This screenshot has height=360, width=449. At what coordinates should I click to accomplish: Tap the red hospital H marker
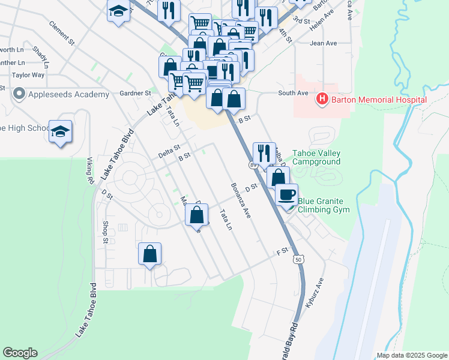tap(322, 99)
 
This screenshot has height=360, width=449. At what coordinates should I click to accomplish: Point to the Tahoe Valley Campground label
tap(316, 157)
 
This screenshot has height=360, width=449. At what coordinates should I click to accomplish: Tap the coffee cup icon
tap(287, 194)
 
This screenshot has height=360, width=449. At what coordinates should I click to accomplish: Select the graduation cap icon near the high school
tap(60, 132)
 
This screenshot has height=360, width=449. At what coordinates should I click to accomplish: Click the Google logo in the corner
tap(20, 353)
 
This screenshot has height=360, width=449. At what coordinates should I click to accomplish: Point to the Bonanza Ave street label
tap(239, 200)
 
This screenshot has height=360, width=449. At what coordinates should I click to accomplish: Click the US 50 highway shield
tap(298, 260)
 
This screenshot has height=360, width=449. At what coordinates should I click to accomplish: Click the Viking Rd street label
tap(91, 171)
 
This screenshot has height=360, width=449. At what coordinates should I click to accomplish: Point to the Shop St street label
tap(105, 232)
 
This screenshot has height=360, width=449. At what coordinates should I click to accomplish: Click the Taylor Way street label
tap(28, 75)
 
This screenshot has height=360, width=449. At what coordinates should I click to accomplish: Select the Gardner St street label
tap(135, 94)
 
